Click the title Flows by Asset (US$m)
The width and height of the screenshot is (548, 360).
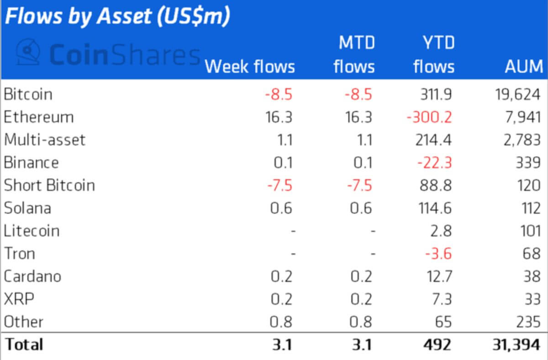[x=117, y=16]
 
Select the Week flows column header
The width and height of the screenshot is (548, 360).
[x=249, y=67]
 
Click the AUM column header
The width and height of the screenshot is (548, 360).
[x=523, y=67]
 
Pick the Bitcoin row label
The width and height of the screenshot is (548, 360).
[x=28, y=94]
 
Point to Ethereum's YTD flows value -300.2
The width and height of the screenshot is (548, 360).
[x=429, y=117]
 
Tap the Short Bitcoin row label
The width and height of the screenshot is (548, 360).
[x=49, y=186]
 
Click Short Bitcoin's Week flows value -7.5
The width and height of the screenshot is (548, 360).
[x=279, y=186]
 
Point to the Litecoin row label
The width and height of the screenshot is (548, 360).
[x=32, y=231]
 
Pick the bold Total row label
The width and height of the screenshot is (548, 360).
[x=24, y=344]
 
